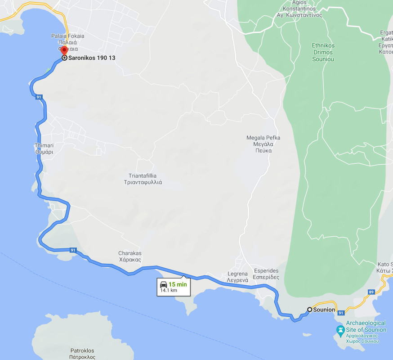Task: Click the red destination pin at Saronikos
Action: pos(64,50)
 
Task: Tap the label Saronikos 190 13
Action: pos(92,58)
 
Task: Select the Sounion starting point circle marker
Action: pos(309,310)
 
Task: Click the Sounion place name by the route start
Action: pos(324,310)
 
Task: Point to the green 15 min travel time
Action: pos(178,284)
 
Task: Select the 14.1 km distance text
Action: pos(169,291)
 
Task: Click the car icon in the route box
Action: pos(164,284)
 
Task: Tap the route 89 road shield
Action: pos(371,292)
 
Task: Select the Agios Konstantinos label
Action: pos(303,9)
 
